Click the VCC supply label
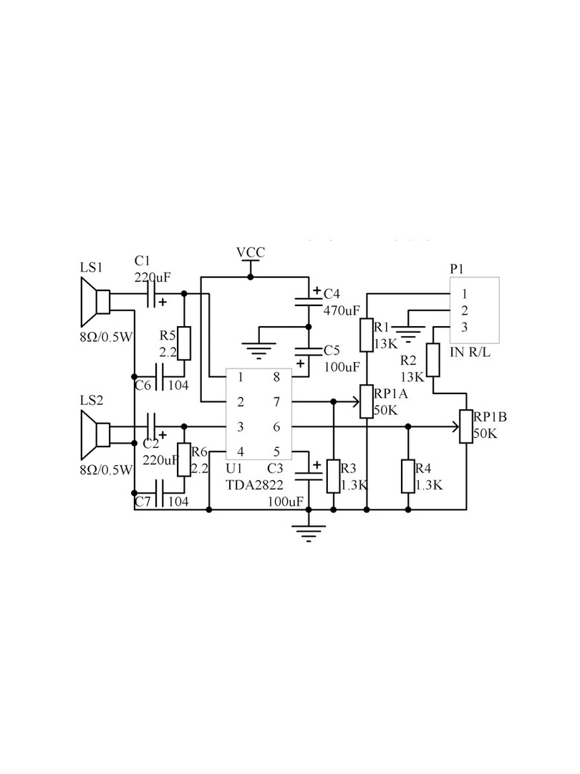pos(251,252)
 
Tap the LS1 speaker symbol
pos(95,302)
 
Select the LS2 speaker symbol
pos(95,434)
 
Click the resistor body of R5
pos(184,343)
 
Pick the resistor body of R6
pos(184,459)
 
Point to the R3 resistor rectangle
pos(334,476)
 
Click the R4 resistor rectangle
pos(408,476)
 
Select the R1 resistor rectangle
pos(367,335)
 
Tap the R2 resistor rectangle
pos(432,360)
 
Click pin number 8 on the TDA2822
pos(276,377)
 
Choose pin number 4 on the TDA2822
pos(241,451)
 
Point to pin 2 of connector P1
pos(464,310)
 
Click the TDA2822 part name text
pos(254,484)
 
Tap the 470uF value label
pos(342,310)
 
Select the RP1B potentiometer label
pos(490,416)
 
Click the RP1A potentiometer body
pos(367,401)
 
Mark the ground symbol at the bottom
pos(309,533)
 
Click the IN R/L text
pos(470,353)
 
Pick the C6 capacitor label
pos(142,385)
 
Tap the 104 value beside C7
pos(178,502)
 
